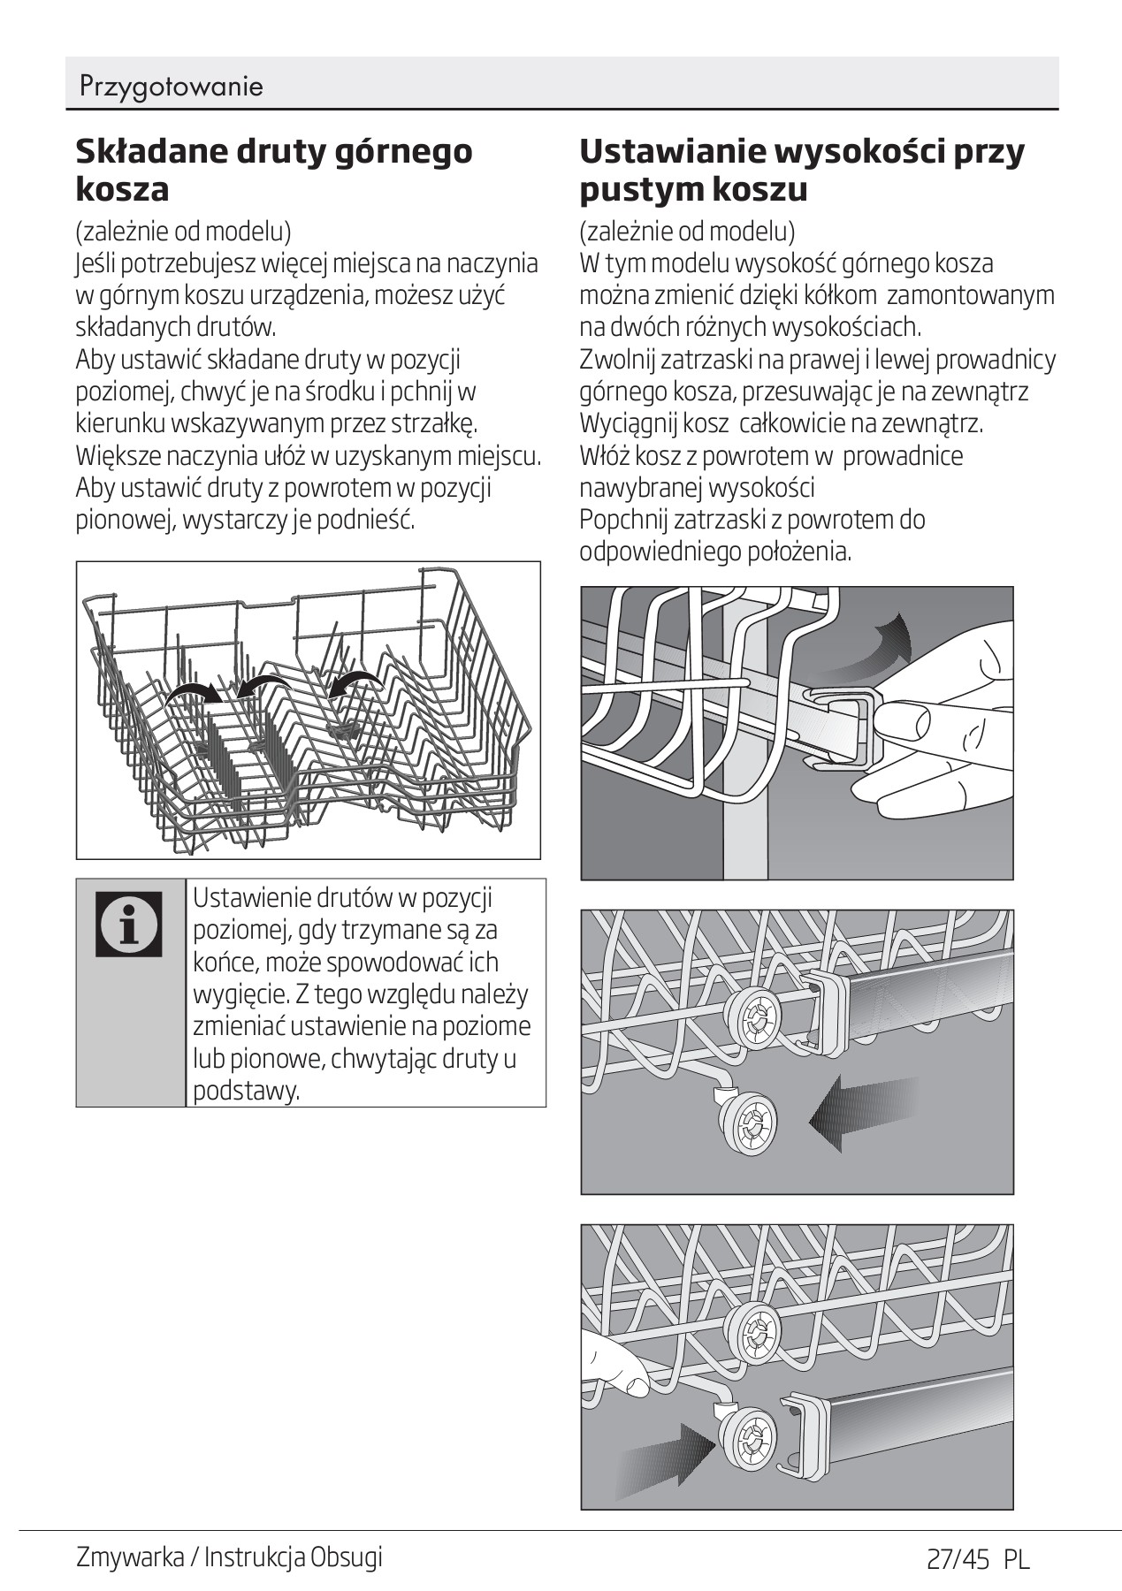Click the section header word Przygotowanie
[171, 87]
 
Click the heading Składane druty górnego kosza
[273, 169]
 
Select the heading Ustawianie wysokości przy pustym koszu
[801, 169]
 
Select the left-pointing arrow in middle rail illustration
[862, 1116]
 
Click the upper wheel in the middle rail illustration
[753, 1021]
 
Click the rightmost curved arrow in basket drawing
[357, 681]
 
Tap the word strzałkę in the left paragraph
[438, 423]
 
